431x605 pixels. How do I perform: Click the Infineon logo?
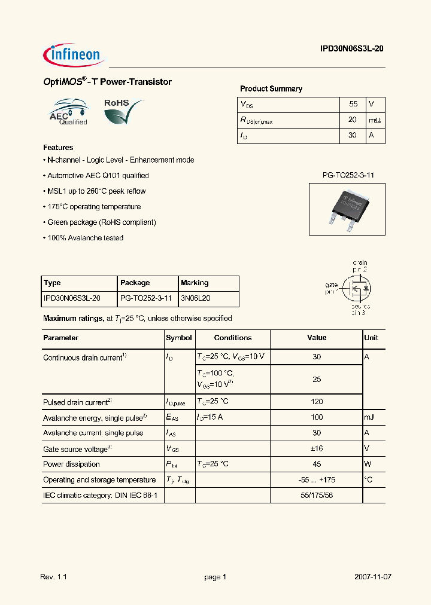click(x=74, y=55)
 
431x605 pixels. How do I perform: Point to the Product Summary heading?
click(x=271, y=88)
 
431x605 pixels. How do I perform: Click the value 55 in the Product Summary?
click(x=353, y=104)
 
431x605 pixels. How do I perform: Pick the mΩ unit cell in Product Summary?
click(x=375, y=120)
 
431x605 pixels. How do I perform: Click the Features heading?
click(x=58, y=147)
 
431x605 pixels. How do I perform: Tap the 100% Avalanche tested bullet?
click(x=84, y=238)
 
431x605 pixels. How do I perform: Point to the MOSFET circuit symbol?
click(x=355, y=288)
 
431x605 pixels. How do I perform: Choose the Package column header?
click(x=135, y=283)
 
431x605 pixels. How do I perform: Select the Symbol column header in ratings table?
click(x=178, y=338)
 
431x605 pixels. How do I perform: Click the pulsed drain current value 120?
click(x=317, y=402)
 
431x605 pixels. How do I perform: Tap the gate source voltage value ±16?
click(x=317, y=448)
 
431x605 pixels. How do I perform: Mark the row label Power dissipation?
click(x=71, y=464)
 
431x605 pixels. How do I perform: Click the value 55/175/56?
click(x=317, y=495)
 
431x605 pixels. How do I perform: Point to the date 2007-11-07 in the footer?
click(x=373, y=577)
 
